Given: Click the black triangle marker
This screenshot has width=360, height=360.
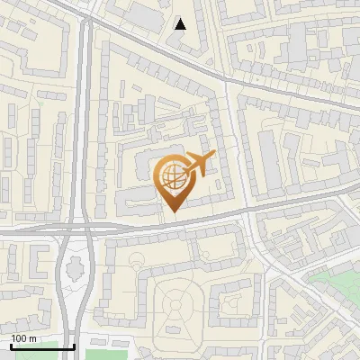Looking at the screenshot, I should pyautogui.click(x=181, y=24).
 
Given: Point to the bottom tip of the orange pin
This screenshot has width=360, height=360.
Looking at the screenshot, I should pyautogui.click(x=173, y=212).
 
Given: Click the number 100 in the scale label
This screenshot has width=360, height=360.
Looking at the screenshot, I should pyautogui.click(x=20, y=338).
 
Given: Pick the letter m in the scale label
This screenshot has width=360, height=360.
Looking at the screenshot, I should pyautogui.click(x=33, y=338).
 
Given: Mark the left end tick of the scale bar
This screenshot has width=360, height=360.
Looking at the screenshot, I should pyautogui.click(x=11, y=346).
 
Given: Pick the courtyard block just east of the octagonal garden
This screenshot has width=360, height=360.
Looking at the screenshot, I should pyautogui.click(x=235, y=302).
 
